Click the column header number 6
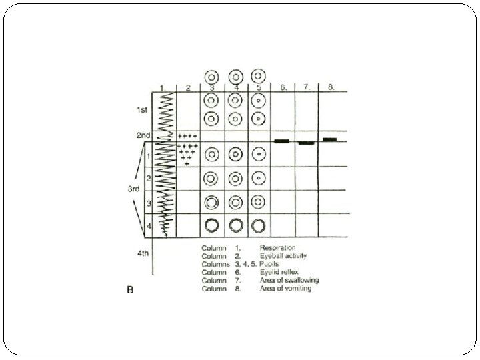pos(283,87)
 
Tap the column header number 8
pos(331,87)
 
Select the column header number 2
pos(188,87)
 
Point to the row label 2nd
pos(142,135)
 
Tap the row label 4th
pos(143,253)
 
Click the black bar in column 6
pos(281,141)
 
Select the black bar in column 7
pos(306,143)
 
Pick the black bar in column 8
pos(329,139)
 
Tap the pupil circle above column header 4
pos(235,75)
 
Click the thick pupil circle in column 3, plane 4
pos(212,225)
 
